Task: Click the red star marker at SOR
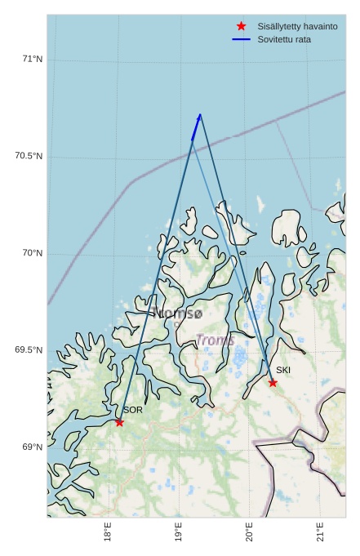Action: [119, 422]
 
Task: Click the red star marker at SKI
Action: [273, 383]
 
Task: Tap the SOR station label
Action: [133, 410]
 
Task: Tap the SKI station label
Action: [283, 371]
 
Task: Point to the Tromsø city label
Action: [177, 313]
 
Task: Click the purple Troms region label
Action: [215, 340]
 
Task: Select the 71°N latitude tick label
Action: [33, 59]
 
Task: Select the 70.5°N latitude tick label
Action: [29, 156]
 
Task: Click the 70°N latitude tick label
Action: [33, 253]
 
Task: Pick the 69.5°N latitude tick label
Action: [29, 350]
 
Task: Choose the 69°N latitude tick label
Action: [33, 447]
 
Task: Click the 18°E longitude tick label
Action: [108, 534]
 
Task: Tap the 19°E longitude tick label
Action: [179, 534]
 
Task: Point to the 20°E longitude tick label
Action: [249, 534]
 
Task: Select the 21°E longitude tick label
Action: [320, 534]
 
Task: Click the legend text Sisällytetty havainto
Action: [297, 27]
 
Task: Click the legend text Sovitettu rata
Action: [284, 39]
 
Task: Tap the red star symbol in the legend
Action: [241, 27]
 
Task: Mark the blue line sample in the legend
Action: [241, 39]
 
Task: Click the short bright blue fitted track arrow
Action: [196, 127]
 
